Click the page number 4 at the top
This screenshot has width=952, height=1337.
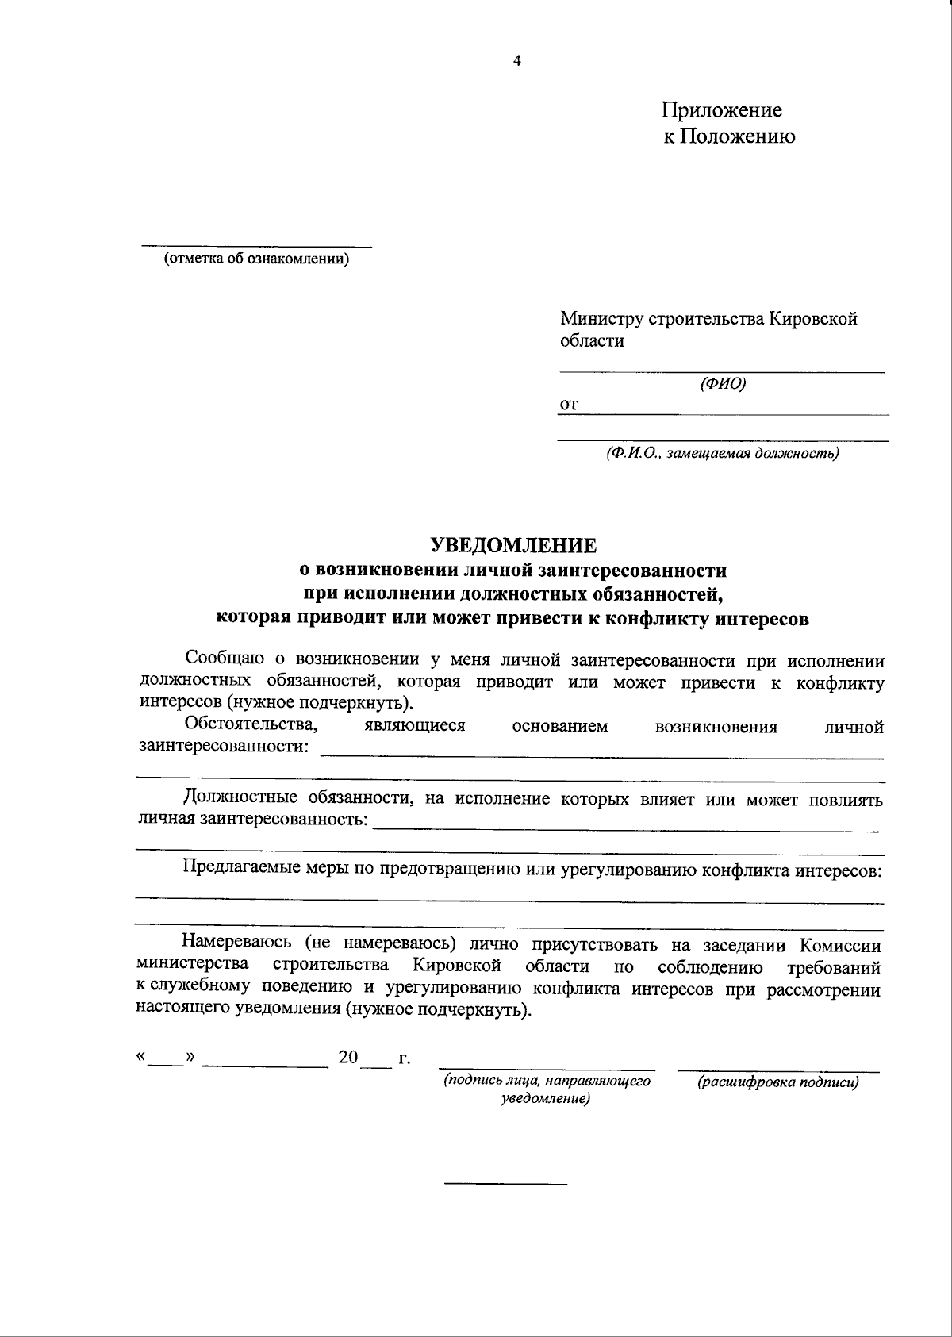tap(517, 62)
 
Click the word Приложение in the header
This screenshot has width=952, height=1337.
tap(722, 110)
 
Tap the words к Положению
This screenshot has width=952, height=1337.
tap(729, 136)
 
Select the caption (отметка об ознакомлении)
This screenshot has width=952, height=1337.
tap(256, 259)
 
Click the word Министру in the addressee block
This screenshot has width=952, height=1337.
tap(602, 319)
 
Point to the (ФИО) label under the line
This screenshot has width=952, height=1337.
tap(723, 384)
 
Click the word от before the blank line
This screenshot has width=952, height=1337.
tap(569, 405)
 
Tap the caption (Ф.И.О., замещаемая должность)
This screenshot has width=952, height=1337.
tap(721, 454)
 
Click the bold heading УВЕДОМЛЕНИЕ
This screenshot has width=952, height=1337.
tap(512, 546)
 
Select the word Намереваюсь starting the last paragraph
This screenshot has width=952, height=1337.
tap(236, 944)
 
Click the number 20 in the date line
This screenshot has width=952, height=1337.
tap(348, 1058)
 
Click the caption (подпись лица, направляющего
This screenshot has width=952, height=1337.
tap(547, 1080)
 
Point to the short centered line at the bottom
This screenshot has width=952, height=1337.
tap(505, 1185)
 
